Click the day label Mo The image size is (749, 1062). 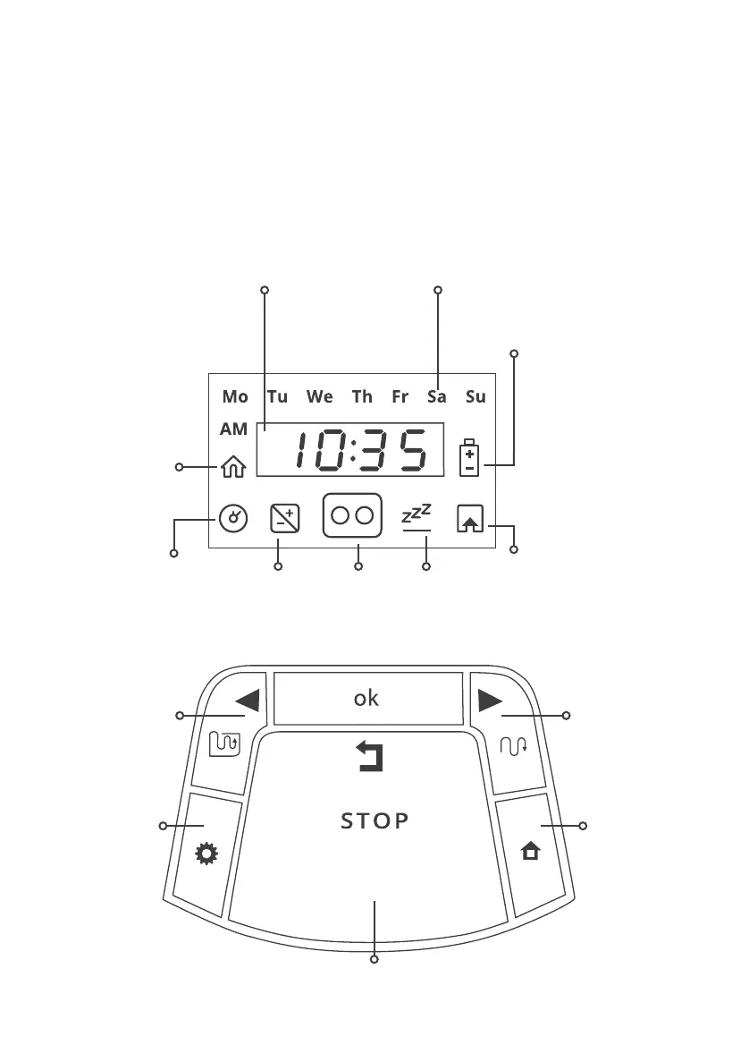click(235, 396)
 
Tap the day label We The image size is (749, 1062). click(319, 396)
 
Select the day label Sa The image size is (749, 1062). click(436, 396)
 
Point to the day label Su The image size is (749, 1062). click(475, 396)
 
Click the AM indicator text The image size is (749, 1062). click(233, 429)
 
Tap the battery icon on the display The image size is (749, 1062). click(469, 457)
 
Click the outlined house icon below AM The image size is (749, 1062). click(232, 466)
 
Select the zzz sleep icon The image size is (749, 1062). click(416, 516)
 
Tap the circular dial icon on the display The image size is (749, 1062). click(232, 519)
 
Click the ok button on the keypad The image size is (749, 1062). click(366, 699)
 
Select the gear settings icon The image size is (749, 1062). click(206, 854)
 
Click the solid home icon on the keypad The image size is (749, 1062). click(531, 853)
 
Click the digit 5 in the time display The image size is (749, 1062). click(413, 452)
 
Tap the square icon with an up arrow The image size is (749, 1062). click(469, 519)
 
